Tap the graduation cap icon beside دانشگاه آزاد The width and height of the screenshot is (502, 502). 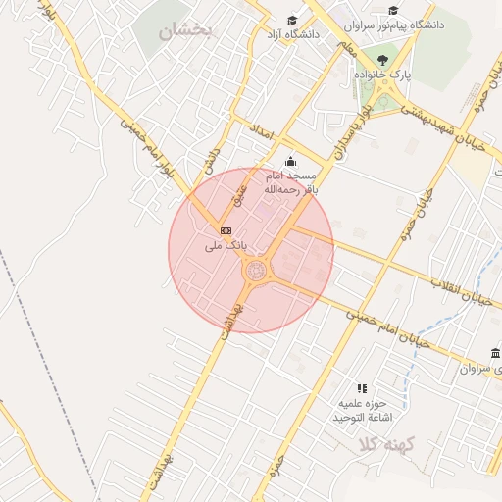coord(291,21)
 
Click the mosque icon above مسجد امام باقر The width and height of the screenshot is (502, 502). coord(289,162)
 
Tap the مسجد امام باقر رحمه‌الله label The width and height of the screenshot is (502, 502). coord(289,182)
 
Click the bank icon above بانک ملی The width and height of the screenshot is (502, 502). coord(226,230)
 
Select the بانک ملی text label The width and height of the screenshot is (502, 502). coord(226,245)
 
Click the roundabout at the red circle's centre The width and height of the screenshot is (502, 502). coord(257,271)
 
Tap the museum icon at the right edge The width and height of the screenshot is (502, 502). coord(492,353)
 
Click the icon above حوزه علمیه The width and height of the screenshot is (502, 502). coord(362,389)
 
